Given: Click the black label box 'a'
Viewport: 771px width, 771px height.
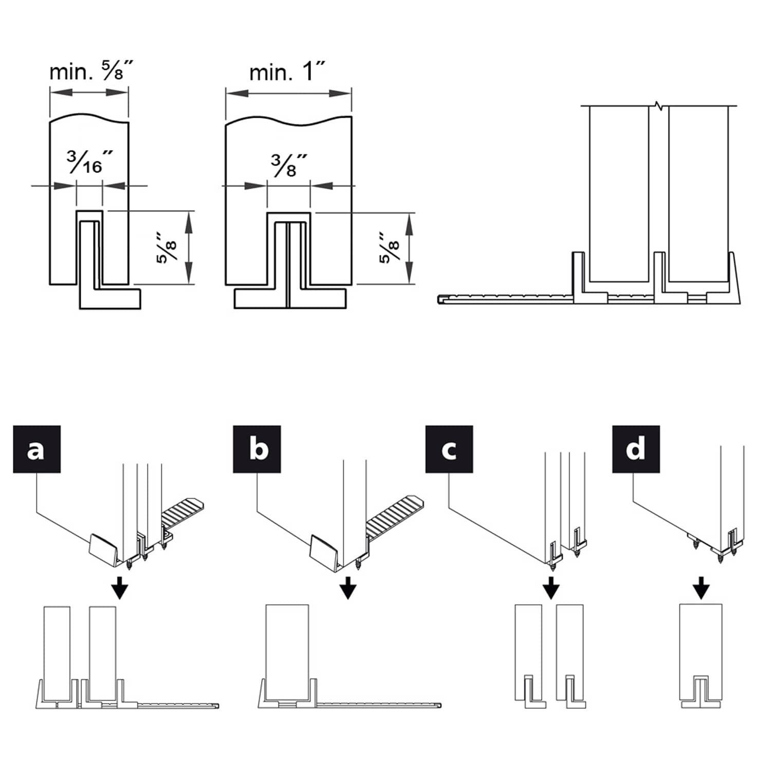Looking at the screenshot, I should point(36,449).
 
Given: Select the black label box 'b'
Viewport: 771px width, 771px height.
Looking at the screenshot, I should point(256,449).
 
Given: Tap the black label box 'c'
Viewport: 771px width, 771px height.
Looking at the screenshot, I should point(449,449).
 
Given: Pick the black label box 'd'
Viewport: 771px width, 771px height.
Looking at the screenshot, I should point(635,449).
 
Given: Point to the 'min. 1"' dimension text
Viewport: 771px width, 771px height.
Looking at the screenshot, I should point(287,71).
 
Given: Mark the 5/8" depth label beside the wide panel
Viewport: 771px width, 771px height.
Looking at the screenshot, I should point(389,248).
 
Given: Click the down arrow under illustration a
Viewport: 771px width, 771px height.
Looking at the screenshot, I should point(120,587).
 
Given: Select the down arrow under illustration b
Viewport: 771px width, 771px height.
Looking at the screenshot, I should point(348,587).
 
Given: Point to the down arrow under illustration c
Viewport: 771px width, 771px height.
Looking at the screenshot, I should point(550,587).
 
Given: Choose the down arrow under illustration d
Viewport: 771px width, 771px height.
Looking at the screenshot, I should point(701,587).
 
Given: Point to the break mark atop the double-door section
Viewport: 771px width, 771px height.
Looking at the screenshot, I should point(658,106).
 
